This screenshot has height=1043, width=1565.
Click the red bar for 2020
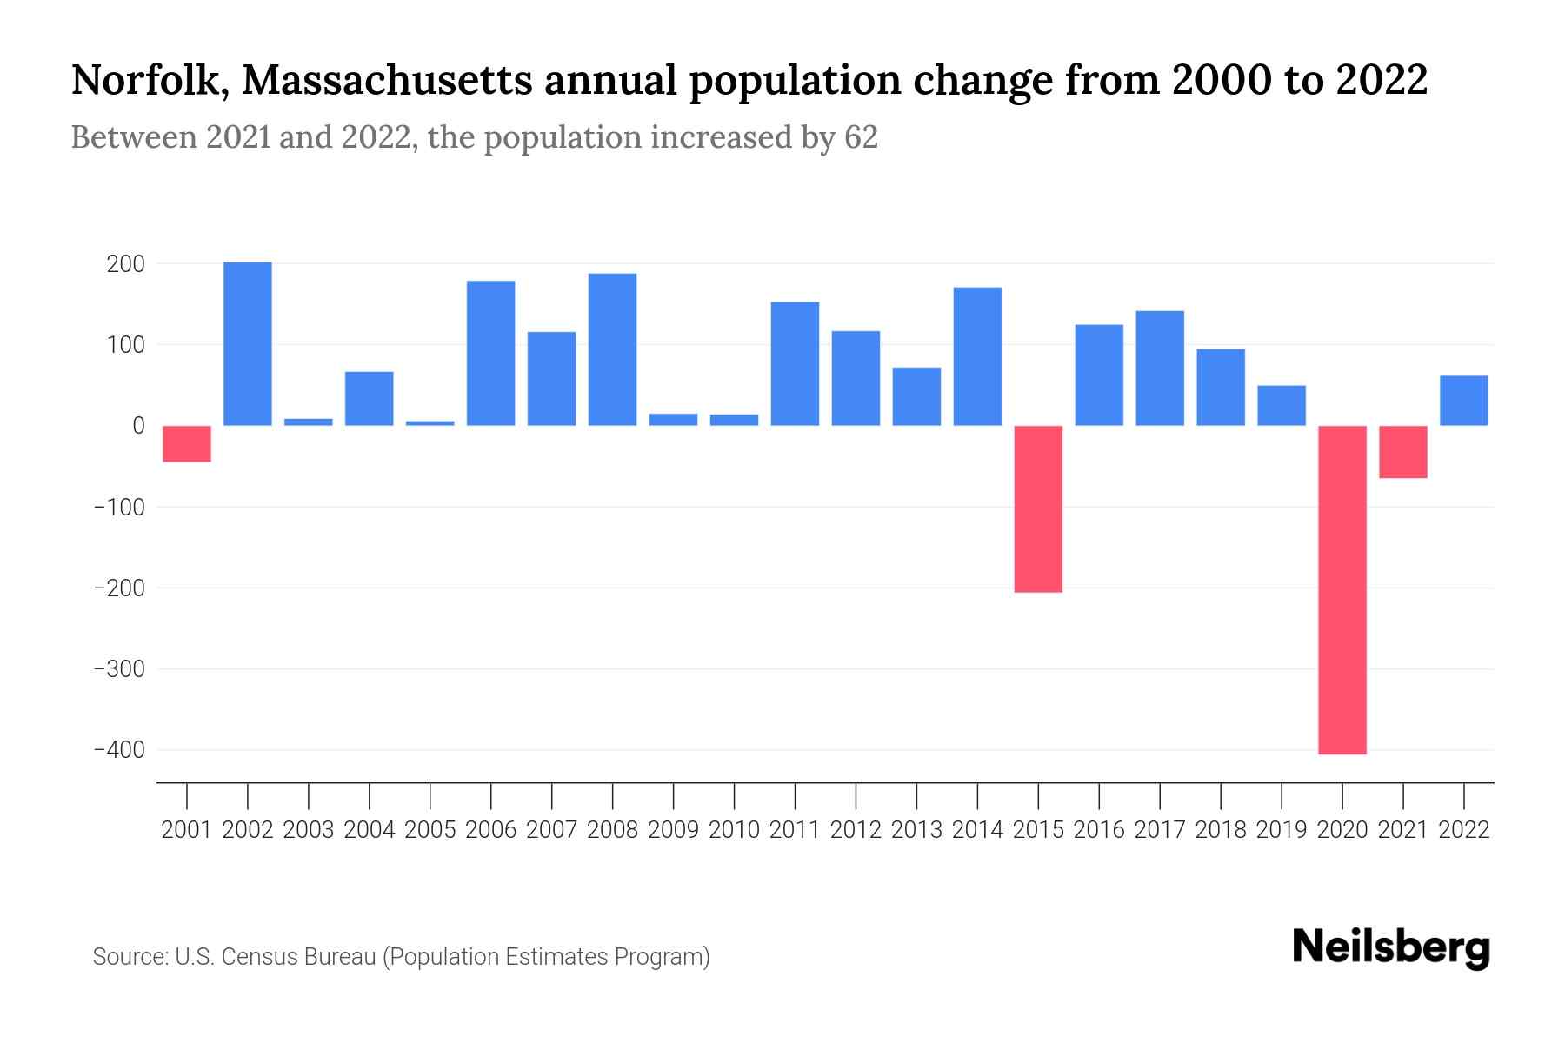(1342, 589)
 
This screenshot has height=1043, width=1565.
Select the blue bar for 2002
(248, 343)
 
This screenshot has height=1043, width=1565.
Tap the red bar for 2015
(1038, 508)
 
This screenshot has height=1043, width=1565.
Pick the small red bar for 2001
(187, 443)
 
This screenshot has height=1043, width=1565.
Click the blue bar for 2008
(612, 349)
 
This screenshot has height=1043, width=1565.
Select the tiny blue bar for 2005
(430, 423)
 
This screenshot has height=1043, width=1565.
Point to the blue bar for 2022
(1463, 401)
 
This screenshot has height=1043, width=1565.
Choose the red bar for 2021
(1402, 452)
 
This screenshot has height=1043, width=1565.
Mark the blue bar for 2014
(977, 356)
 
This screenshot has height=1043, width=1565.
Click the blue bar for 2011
(795, 363)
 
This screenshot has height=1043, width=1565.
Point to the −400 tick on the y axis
(119, 750)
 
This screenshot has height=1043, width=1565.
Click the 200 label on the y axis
(125, 264)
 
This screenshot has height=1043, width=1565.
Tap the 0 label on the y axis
(138, 426)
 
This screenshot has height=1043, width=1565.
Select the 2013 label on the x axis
(916, 830)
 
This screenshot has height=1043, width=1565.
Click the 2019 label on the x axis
(1281, 830)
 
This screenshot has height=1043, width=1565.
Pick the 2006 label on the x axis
(491, 830)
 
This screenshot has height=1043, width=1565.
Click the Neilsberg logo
(1391, 947)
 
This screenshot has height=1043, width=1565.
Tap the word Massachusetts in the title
(386, 81)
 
